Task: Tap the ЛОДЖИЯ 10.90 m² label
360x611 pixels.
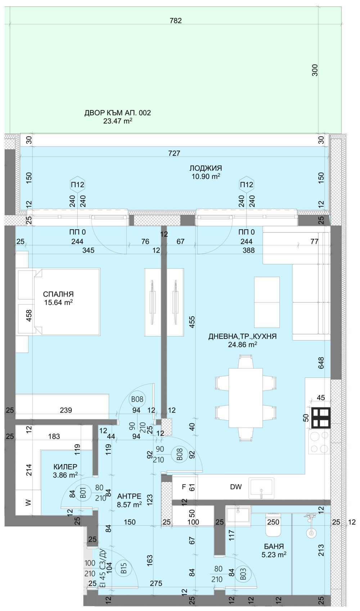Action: tap(206, 168)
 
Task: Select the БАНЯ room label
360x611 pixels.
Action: tap(274, 546)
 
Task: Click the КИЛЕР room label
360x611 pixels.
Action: tap(65, 467)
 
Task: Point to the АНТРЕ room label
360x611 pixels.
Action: tap(129, 496)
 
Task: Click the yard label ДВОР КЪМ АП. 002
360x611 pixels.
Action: tap(117, 113)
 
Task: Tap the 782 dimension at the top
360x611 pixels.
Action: tap(176, 21)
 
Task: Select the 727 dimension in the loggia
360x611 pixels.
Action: tap(174, 153)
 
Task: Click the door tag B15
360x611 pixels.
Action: tap(124, 568)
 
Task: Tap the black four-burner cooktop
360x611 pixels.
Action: tap(321, 418)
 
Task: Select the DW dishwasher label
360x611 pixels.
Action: tap(236, 487)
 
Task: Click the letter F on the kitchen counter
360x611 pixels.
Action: tap(184, 487)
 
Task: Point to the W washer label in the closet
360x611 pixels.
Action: tap(28, 502)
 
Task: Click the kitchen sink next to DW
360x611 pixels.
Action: tap(261, 488)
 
